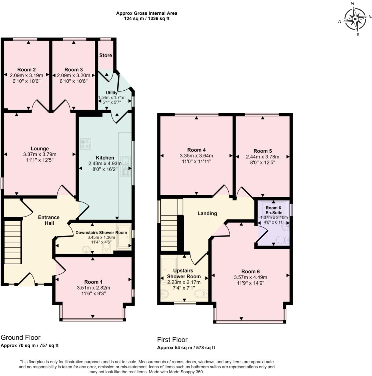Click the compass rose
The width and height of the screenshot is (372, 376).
[355, 19]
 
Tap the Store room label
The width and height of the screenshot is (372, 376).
[105, 56]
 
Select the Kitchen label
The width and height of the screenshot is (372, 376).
[105, 158]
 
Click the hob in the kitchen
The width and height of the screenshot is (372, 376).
[85, 144]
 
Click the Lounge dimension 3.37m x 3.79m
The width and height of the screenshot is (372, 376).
[40, 154]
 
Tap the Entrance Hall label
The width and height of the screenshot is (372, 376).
[49, 220]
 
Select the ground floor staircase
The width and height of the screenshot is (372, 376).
[12, 242]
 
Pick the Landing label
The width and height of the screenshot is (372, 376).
[207, 213]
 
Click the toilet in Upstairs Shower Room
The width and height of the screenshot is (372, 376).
[201, 294]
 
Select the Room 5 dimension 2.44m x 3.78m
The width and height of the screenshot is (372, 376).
[263, 157]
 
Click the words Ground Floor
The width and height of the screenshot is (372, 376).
[20, 337]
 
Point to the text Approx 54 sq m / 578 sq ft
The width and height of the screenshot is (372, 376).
[186, 348]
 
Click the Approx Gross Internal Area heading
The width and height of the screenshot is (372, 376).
[147, 13]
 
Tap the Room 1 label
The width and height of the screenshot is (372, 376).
[93, 282]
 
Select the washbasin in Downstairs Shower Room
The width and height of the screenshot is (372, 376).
[86, 249]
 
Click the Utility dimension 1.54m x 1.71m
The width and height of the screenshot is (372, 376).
[112, 98]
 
